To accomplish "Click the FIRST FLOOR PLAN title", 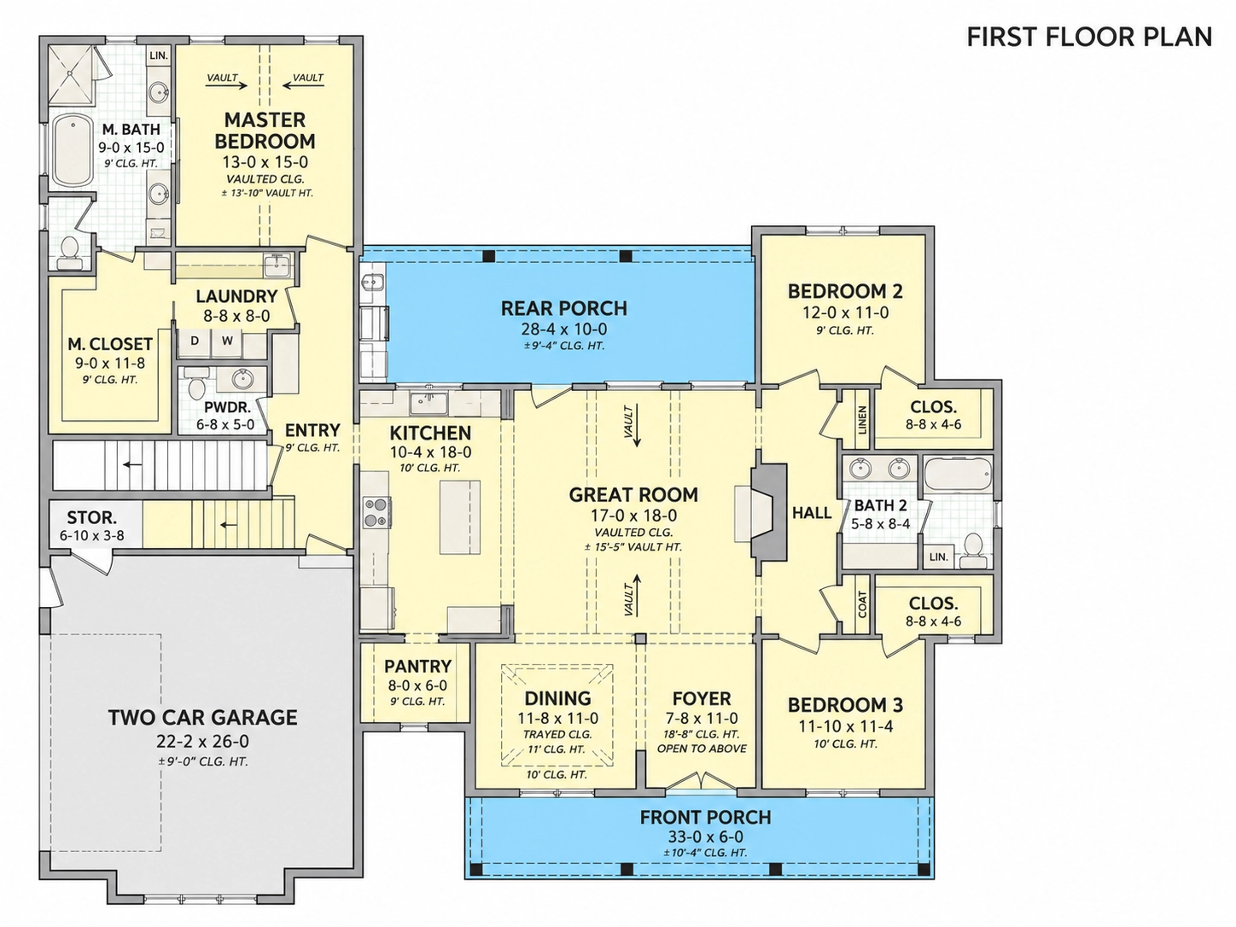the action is [x=1089, y=38].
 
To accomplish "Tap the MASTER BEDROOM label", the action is [x=265, y=130].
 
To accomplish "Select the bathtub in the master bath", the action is [x=73, y=151].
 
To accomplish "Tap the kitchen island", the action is [x=459, y=517].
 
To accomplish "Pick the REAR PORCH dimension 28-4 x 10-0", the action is [x=564, y=329].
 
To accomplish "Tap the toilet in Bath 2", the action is [x=973, y=549].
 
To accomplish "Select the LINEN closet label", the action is [x=862, y=419].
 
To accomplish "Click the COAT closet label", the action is [x=862, y=604].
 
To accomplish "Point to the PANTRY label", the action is [x=417, y=666].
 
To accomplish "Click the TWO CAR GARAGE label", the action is [x=202, y=718].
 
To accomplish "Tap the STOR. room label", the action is [x=92, y=517].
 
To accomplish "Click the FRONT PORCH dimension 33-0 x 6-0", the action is [x=706, y=837].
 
